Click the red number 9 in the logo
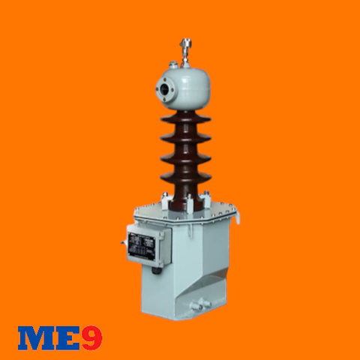[x=91, y=338]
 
